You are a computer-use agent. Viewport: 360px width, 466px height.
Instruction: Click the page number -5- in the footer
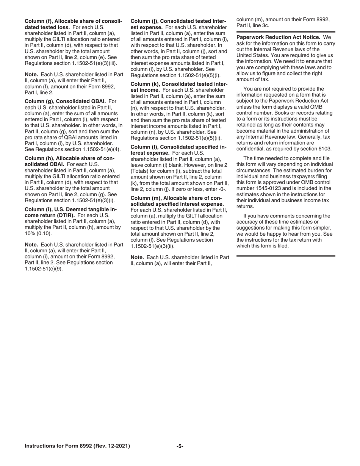point(180,446)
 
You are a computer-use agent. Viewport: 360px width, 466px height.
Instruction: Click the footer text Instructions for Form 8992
point(77,446)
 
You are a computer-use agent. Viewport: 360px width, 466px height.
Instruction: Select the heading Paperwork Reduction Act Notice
point(279,37)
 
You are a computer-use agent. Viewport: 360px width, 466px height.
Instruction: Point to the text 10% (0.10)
point(38,233)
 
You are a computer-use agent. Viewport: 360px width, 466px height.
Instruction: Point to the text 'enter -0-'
point(215,189)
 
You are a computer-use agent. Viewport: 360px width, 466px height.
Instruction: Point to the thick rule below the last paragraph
point(286,256)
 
